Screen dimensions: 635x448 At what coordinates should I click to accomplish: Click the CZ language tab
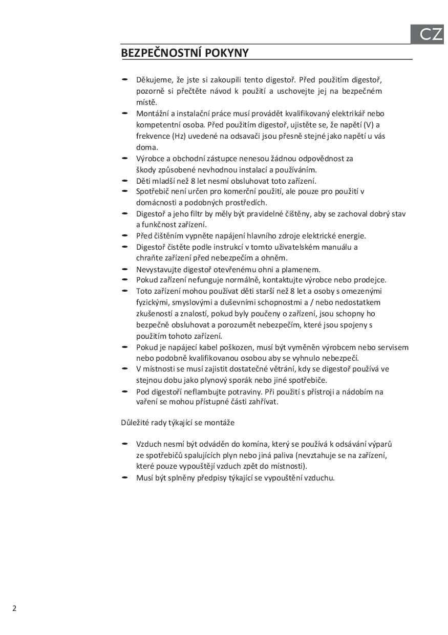tap(430, 34)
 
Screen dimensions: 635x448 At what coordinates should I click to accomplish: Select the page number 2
tap(14, 608)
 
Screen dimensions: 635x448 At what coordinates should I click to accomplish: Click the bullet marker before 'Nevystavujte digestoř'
tap(124, 269)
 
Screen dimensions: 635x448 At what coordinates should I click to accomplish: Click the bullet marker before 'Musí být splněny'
tap(124, 477)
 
